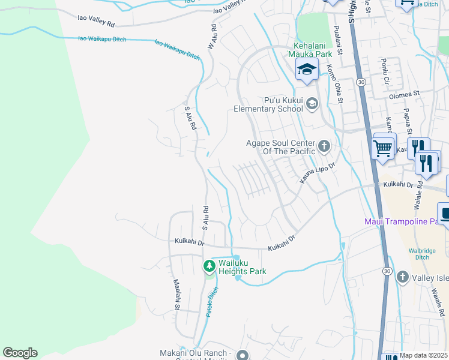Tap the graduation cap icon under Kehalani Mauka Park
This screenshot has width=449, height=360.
307,70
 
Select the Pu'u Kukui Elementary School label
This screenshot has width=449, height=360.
268,104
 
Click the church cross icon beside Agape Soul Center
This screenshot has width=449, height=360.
324,146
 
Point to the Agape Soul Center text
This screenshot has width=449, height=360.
281,147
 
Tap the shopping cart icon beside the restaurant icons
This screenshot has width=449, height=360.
382,146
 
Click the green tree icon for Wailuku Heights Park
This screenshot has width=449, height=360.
209,265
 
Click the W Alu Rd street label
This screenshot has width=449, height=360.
211,37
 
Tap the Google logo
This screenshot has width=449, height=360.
20,353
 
